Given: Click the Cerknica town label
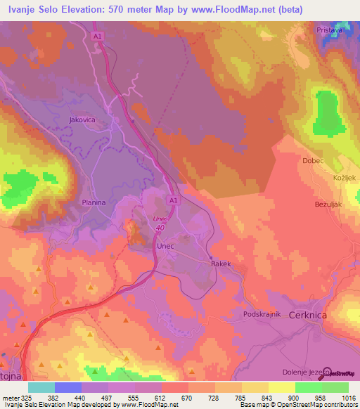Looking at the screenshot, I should click(307, 316).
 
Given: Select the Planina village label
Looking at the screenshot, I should click(93, 202).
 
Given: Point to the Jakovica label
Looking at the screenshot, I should click(82, 120).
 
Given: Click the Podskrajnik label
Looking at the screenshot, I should click(262, 314).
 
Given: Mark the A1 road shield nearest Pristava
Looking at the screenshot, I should click(98, 35).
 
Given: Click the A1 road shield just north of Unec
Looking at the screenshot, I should click(172, 200).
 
